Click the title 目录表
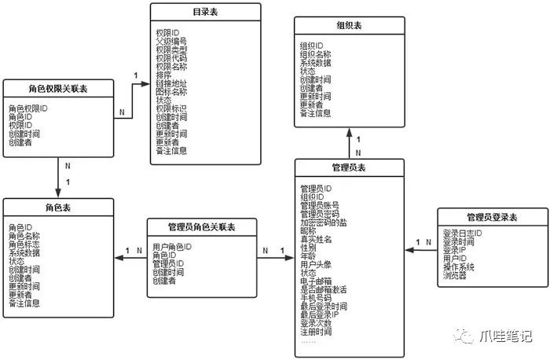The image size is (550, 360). tap(205, 13)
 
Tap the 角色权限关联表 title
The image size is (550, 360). tap(58, 90)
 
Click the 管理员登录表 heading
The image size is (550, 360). tap(491, 217)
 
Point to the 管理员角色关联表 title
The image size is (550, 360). tap(202, 228)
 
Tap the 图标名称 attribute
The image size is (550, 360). tap(172, 92)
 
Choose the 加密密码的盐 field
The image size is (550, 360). tap(323, 222)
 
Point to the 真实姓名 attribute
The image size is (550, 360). tap(317, 239)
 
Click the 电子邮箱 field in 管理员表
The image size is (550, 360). tap(317, 281)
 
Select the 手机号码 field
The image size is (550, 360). tap(317, 298)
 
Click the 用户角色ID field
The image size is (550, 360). tap(171, 246)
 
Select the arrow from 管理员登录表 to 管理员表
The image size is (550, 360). tap(421, 251)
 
